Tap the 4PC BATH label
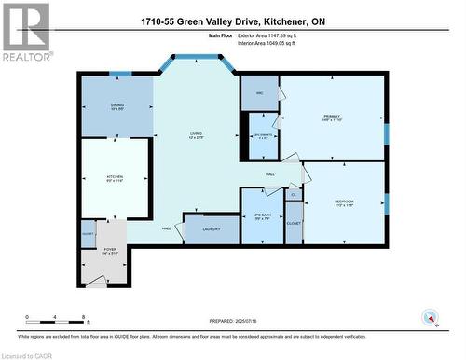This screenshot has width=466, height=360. point(262,217)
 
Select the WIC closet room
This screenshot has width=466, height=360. point(260,91)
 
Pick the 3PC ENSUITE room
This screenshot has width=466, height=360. point(260,137)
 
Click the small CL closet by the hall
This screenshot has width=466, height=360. point(293,194)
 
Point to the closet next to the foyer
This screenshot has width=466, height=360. point(88,237)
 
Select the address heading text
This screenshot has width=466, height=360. point(232,21)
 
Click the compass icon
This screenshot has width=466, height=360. point(431,316)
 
